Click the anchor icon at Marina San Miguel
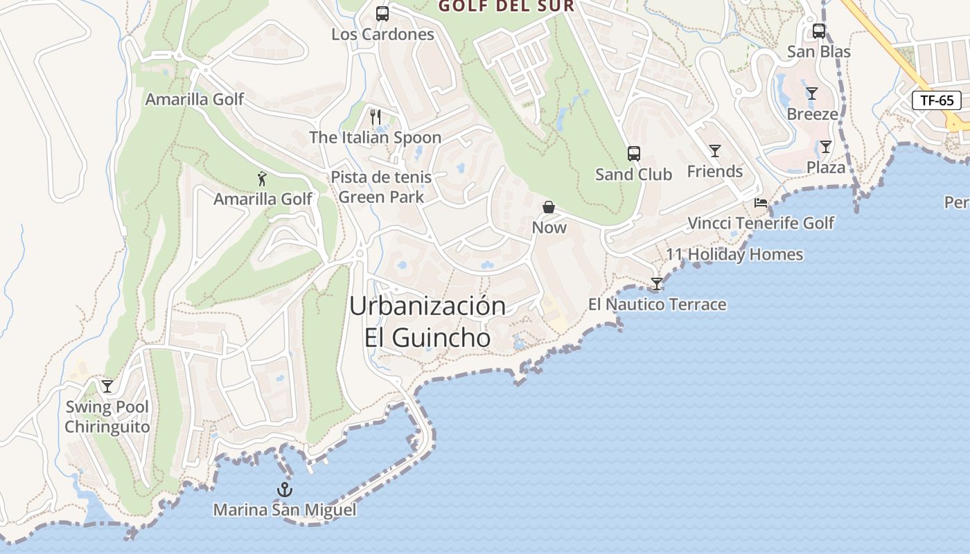(x=285, y=490)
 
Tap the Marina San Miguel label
(x=285, y=510)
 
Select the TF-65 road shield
(x=937, y=100)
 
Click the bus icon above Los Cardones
(x=382, y=14)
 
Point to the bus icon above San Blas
(x=818, y=31)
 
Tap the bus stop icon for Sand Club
(x=633, y=154)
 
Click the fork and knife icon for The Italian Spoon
(x=376, y=117)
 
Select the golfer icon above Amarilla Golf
(x=262, y=179)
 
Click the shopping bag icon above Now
(x=549, y=207)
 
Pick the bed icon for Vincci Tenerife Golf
(x=761, y=203)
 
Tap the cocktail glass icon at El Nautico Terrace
(x=656, y=284)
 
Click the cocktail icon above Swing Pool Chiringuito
(x=107, y=386)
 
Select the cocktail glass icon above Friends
(x=714, y=151)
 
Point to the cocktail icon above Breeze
(x=812, y=93)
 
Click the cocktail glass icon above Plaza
(x=825, y=147)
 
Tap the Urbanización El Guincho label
(x=427, y=322)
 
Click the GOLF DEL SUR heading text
(x=507, y=6)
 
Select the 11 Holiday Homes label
(x=734, y=255)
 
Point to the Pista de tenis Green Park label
(x=381, y=187)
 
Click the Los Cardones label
(x=382, y=35)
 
